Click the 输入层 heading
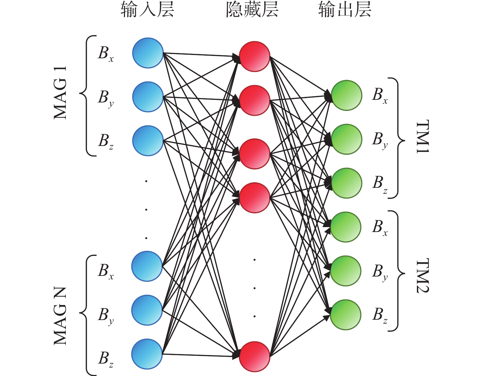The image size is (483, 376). [x=147, y=10]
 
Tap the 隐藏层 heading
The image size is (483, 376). [x=252, y=10]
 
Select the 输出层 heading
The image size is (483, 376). [x=345, y=10]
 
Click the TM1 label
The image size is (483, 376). [x=422, y=136]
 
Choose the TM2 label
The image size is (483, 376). [x=422, y=276]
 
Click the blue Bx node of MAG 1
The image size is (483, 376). [x=148, y=53]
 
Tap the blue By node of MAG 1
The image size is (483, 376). [x=148, y=97]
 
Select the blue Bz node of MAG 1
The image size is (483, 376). [x=148, y=141]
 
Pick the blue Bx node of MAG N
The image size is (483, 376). [x=147, y=266]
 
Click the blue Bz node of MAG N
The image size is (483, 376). [x=147, y=354]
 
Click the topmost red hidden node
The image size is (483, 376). [x=255, y=56]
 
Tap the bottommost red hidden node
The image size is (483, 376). [x=255, y=357]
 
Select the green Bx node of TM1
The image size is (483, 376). [x=347, y=95]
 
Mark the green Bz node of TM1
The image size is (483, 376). [x=347, y=183]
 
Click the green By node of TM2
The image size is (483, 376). [x=346, y=271]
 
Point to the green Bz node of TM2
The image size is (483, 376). [x=346, y=315]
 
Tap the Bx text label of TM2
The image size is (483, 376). [x=380, y=228]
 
